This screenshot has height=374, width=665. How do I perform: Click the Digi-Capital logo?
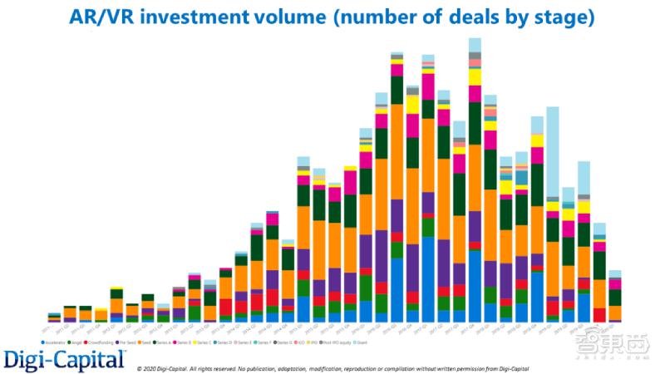point(65,359)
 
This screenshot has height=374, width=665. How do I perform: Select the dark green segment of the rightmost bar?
point(615,297)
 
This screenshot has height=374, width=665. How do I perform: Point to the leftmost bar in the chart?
point(54,317)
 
